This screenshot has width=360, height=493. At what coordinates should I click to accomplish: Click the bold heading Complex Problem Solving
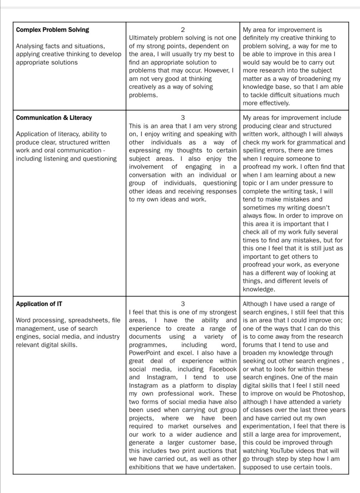[x=52, y=30]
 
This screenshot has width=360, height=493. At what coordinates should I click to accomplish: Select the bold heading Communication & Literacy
[x=54, y=118]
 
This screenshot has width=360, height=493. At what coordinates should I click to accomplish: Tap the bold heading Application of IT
[x=39, y=304]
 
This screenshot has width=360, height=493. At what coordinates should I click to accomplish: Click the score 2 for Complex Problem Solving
[x=183, y=30]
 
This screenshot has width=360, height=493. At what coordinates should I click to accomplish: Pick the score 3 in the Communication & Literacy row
[x=183, y=118]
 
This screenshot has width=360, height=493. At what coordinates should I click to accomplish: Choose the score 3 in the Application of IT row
[x=183, y=304]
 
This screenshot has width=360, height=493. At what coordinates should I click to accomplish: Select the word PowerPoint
[x=145, y=353]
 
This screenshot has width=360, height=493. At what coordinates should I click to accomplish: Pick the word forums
[x=252, y=345]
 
